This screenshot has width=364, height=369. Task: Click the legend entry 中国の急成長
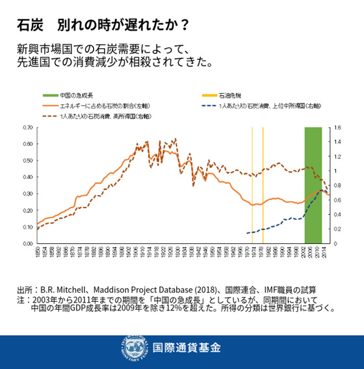pos(73,95)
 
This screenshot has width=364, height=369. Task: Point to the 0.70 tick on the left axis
pos(27,128)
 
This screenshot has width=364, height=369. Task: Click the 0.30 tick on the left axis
pos(27,194)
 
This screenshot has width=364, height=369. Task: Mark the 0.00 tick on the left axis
pos(27,243)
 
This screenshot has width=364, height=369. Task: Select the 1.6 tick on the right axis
pos(337,128)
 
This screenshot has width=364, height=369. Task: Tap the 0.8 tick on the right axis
pos(337,185)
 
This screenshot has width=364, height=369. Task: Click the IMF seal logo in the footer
pos(132,346)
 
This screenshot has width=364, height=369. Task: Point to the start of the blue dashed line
pos(247,233)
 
